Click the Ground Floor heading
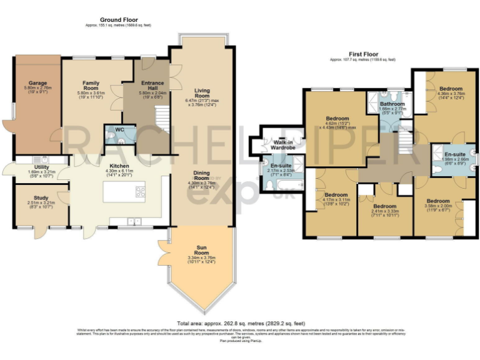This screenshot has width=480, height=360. [x=118, y=20]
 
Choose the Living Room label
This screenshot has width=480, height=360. [x=202, y=91]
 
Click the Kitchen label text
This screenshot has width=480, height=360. [x=118, y=166]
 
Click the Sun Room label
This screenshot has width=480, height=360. [x=201, y=251]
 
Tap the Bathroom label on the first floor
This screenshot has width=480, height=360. [x=393, y=104]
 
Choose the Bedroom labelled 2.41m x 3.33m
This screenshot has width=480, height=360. [x=384, y=206]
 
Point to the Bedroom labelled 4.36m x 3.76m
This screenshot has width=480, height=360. [x=450, y=89]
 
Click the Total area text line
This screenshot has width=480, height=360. [x=240, y=316]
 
